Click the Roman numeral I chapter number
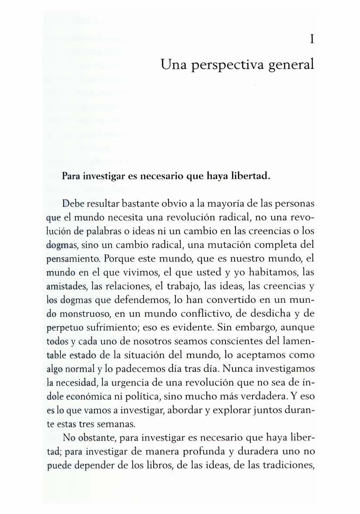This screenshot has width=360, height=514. pos(312,40)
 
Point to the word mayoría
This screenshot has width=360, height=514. pos(238,203)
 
